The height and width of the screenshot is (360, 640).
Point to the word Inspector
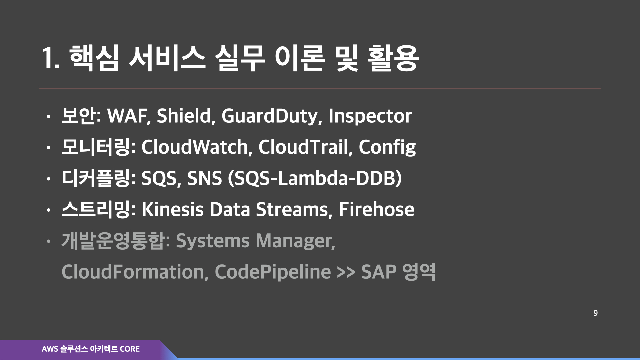(x=370, y=116)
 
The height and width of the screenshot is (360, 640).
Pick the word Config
(x=387, y=147)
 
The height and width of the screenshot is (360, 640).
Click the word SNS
(x=204, y=178)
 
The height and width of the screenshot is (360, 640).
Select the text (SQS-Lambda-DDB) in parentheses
(x=315, y=178)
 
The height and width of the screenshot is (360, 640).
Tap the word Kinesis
(x=172, y=209)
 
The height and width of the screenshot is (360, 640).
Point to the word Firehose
(x=376, y=209)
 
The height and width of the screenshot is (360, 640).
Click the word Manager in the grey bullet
(x=295, y=241)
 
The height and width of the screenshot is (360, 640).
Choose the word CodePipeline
(x=273, y=272)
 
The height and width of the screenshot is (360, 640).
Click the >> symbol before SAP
(x=346, y=272)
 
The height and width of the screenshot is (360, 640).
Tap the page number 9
(x=595, y=313)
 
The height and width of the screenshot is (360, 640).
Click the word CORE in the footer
(x=130, y=349)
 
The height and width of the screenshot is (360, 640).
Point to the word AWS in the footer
(x=50, y=349)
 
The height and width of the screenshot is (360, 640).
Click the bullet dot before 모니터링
(x=49, y=148)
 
